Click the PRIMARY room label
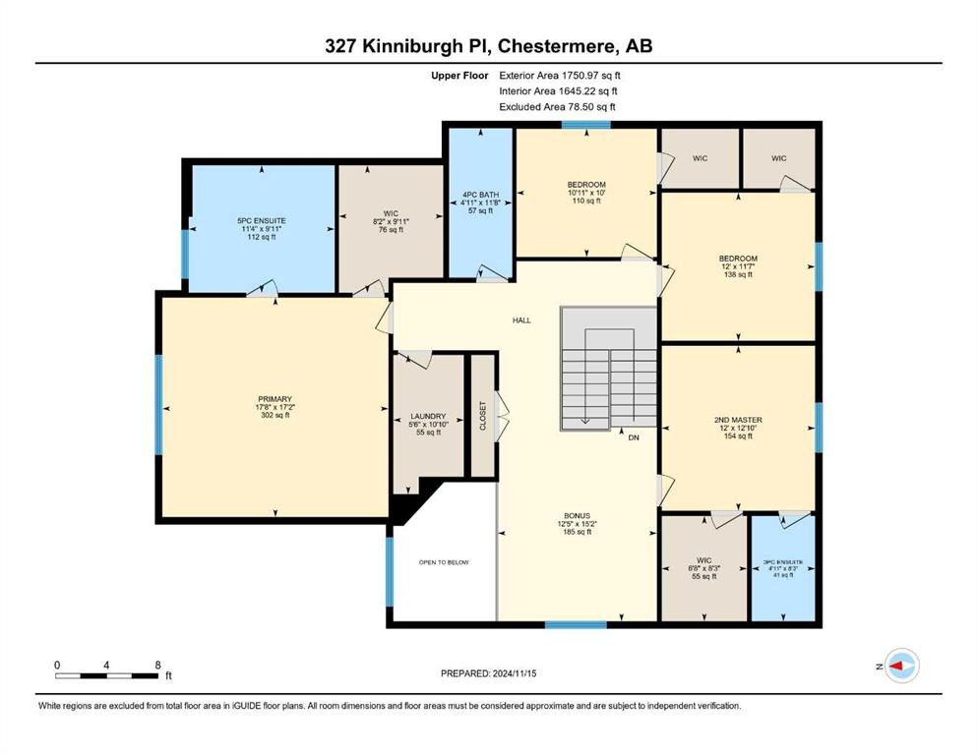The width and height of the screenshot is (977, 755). (275, 399)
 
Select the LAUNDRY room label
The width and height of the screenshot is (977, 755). (428, 416)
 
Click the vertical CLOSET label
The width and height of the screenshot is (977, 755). (482, 415)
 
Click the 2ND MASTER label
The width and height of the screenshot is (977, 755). (738, 420)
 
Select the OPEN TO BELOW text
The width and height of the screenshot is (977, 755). (444, 562)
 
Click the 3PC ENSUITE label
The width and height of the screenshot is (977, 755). (783, 562)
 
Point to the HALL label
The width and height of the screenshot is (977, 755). (521, 320)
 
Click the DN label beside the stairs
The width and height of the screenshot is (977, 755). (635, 437)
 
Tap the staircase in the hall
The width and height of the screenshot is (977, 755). (609, 369)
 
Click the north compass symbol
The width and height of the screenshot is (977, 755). (900, 666)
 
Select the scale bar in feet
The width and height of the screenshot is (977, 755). (108, 674)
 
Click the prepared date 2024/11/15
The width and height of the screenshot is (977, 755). (490, 673)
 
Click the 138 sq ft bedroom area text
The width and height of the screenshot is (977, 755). (738, 275)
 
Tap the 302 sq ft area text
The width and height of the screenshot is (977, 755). (275, 415)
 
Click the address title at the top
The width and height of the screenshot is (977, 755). (489, 45)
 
